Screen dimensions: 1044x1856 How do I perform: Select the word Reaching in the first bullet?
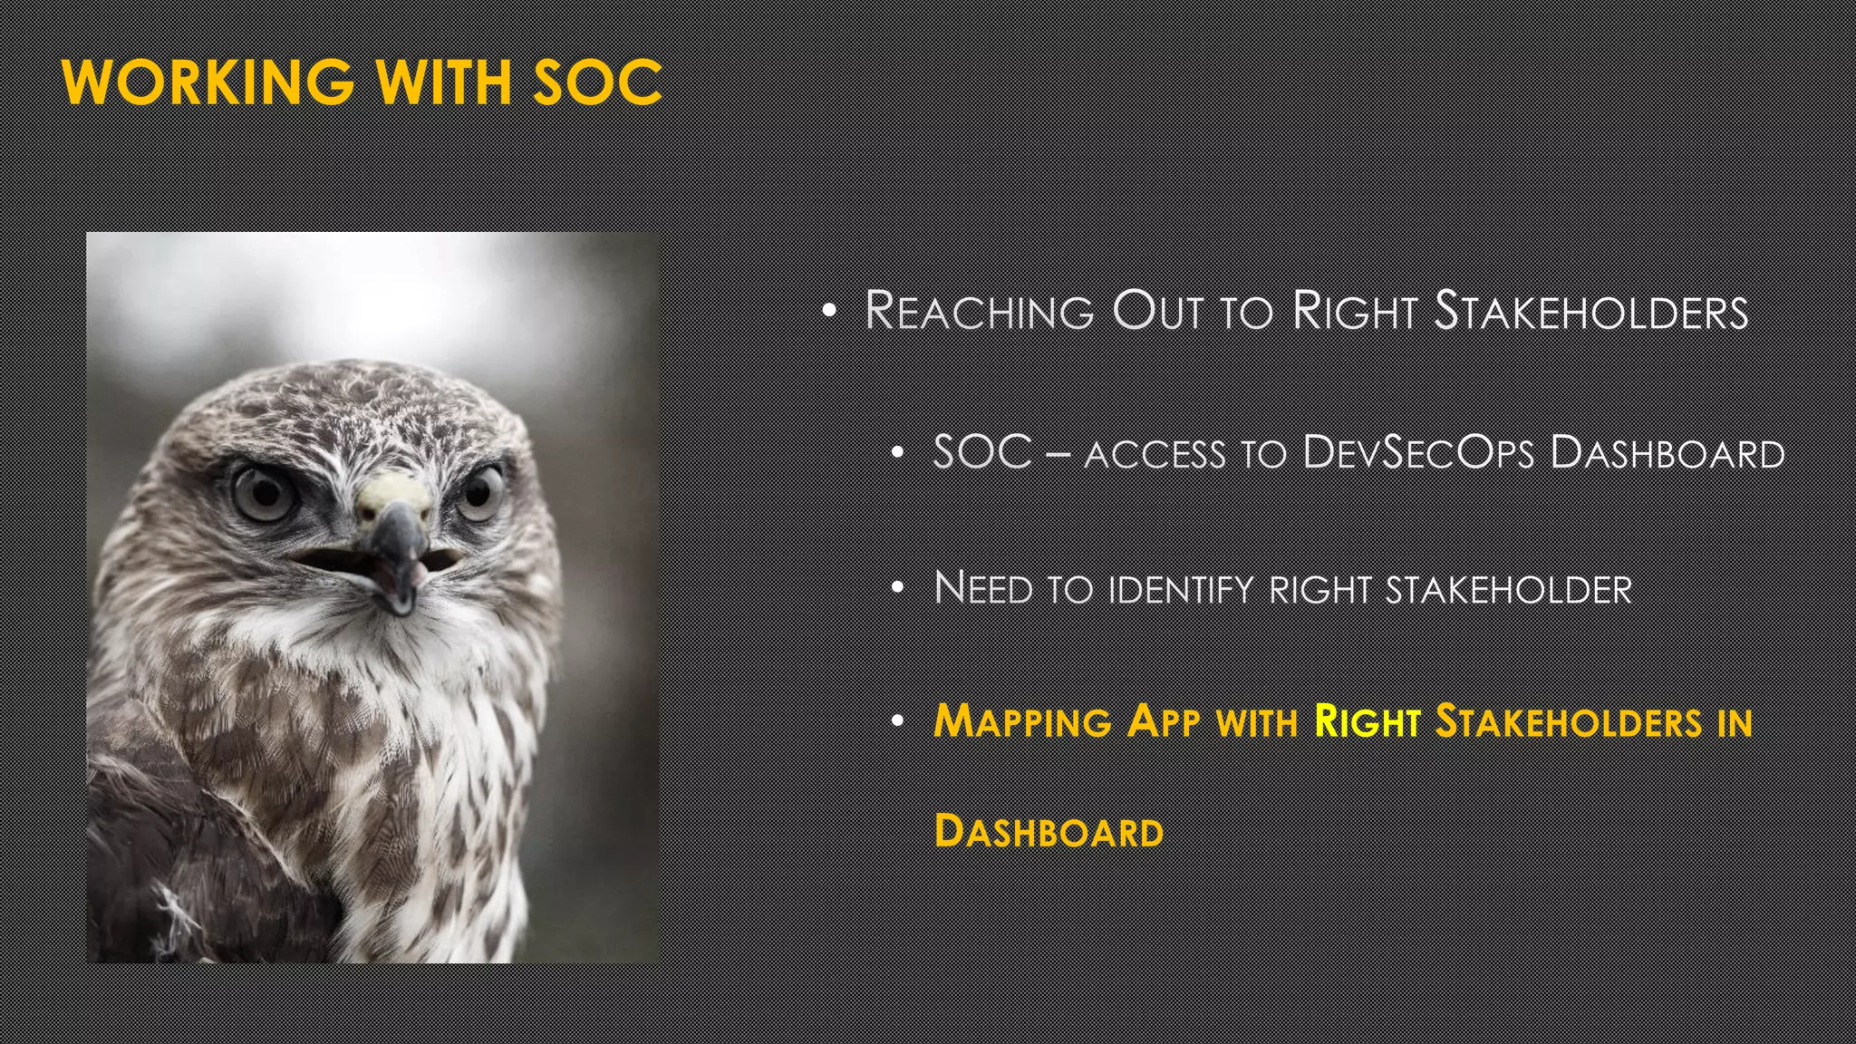coord(980,311)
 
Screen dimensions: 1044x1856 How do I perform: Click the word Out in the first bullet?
coord(1157,311)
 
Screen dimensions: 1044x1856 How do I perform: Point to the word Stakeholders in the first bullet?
coord(1591,311)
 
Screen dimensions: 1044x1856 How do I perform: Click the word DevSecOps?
coord(1418,452)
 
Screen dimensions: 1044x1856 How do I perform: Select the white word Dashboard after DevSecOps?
coord(1667,452)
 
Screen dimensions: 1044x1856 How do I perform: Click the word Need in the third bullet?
coord(983,588)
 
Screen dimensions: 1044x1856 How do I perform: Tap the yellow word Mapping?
coord(1022,722)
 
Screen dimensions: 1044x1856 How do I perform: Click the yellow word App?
coord(1164,722)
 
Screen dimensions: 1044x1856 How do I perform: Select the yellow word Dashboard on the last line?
coord(1049,831)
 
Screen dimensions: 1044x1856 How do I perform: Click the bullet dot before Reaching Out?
coord(829,312)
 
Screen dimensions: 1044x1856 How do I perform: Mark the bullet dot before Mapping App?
coord(897,722)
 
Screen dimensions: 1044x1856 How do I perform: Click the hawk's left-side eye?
coord(264,493)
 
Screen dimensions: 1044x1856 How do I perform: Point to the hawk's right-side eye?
coord(481,492)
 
